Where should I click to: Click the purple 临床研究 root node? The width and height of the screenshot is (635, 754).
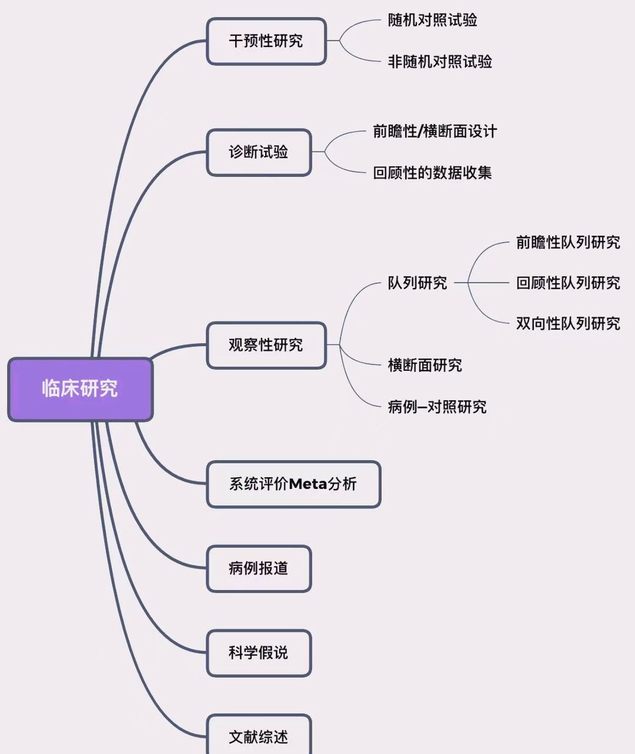(x=80, y=389)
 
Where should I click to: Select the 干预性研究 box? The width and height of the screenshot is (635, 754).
(x=266, y=41)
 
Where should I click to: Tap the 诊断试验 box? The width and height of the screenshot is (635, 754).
(x=259, y=152)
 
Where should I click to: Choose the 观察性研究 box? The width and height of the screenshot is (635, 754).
(x=266, y=345)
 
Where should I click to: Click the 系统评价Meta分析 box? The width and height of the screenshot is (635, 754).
(x=293, y=484)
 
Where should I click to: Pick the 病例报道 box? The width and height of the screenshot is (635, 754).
(x=259, y=568)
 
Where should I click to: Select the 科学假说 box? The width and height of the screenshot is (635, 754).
(x=259, y=653)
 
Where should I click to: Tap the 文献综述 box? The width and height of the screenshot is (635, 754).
(x=259, y=736)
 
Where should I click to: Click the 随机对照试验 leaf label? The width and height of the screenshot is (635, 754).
(x=432, y=21)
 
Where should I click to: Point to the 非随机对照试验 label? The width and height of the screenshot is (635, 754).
(x=440, y=62)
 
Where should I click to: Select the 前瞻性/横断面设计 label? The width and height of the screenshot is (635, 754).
(x=435, y=131)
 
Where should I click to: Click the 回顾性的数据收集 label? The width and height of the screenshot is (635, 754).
(x=432, y=173)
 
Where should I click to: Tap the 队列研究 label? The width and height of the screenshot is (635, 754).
(x=417, y=283)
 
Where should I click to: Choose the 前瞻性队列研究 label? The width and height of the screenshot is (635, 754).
(x=568, y=243)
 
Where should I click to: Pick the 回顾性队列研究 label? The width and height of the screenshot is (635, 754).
(x=568, y=283)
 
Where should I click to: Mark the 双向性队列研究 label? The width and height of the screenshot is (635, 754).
(x=568, y=324)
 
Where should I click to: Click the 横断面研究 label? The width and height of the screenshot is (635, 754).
(x=425, y=366)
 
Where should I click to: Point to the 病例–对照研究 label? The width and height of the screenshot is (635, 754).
(x=437, y=407)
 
